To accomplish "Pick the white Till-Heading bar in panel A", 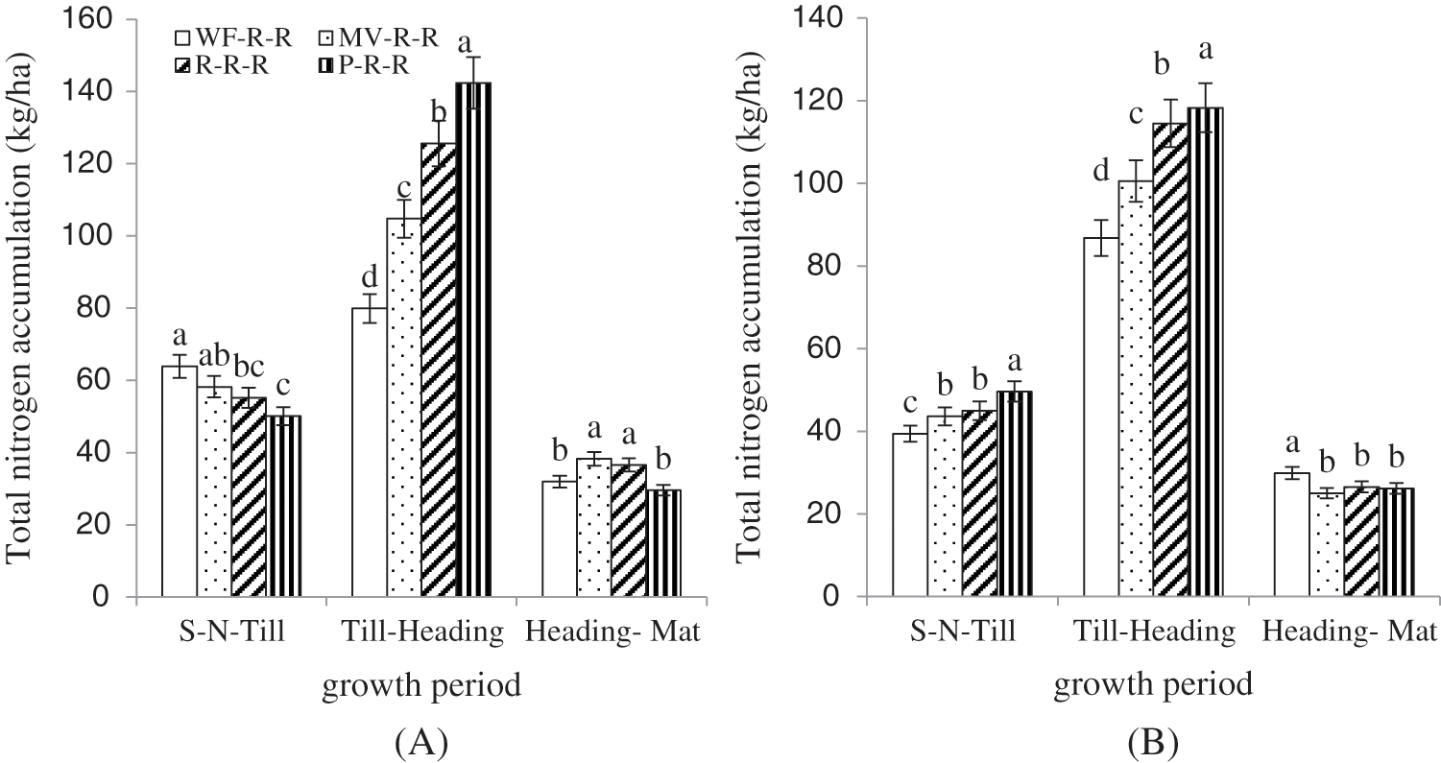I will coord(370,452).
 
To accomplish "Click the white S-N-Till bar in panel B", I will coord(910,514).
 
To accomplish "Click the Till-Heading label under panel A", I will coord(422,634).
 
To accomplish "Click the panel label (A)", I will coord(421,742).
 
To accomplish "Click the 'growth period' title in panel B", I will coord(1152,685).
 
